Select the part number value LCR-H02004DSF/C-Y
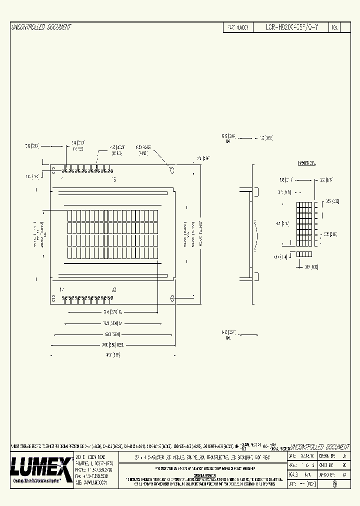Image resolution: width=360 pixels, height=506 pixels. (291, 28)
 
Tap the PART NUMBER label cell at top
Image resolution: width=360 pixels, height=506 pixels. (238, 28)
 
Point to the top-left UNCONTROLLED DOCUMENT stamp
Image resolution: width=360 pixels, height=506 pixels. (41, 27)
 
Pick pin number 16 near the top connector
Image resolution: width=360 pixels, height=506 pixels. (113, 179)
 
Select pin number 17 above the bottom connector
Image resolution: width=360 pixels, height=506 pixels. (62, 290)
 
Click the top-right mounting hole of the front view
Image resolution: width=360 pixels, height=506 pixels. (171, 170)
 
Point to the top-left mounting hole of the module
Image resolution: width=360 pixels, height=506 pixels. (53, 170)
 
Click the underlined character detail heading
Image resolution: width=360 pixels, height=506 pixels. (306, 163)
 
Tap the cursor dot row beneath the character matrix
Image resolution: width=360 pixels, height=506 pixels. (304, 254)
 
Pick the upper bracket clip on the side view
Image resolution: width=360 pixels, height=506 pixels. (256, 191)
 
